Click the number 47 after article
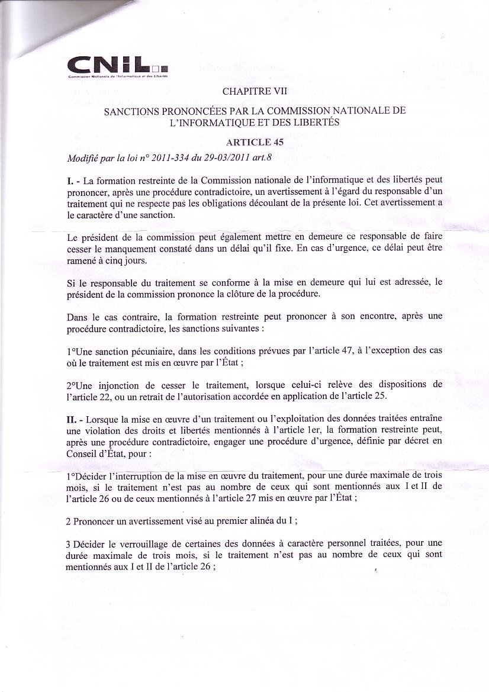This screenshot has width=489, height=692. pos(343,350)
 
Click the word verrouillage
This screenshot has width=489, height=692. pos(131,543)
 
